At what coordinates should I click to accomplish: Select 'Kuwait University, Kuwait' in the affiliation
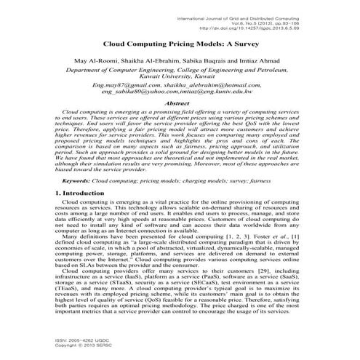click(x=179, y=77)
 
